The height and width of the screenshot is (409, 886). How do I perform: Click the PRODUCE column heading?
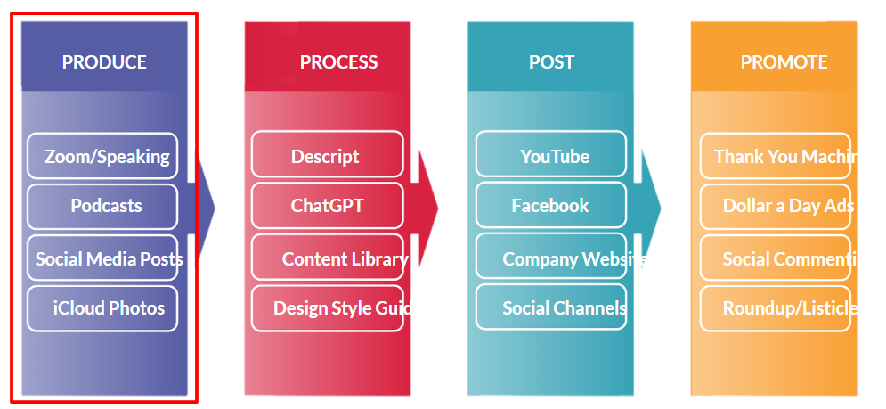click(x=104, y=62)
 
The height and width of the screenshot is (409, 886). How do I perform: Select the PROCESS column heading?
click(x=338, y=62)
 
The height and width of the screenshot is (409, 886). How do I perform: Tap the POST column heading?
click(x=551, y=62)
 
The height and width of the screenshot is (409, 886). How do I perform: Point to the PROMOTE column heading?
click(x=784, y=62)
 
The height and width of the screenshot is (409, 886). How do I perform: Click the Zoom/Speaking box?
click(x=102, y=156)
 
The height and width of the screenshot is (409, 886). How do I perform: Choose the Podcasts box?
click(x=102, y=206)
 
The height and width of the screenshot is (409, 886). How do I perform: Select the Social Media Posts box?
click(x=102, y=258)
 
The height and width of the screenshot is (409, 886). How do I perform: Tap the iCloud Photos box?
click(x=102, y=308)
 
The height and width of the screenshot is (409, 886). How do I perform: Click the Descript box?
click(x=327, y=156)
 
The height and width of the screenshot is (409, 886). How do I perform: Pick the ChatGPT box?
click(x=327, y=206)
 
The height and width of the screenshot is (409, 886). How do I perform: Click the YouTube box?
click(x=551, y=156)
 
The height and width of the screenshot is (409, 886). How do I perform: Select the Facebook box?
click(x=551, y=206)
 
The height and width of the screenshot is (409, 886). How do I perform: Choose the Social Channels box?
click(x=551, y=308)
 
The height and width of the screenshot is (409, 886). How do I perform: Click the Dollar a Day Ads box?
click(x=776, y=206)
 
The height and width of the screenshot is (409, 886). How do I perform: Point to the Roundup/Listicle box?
click(x=776, y=308)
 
